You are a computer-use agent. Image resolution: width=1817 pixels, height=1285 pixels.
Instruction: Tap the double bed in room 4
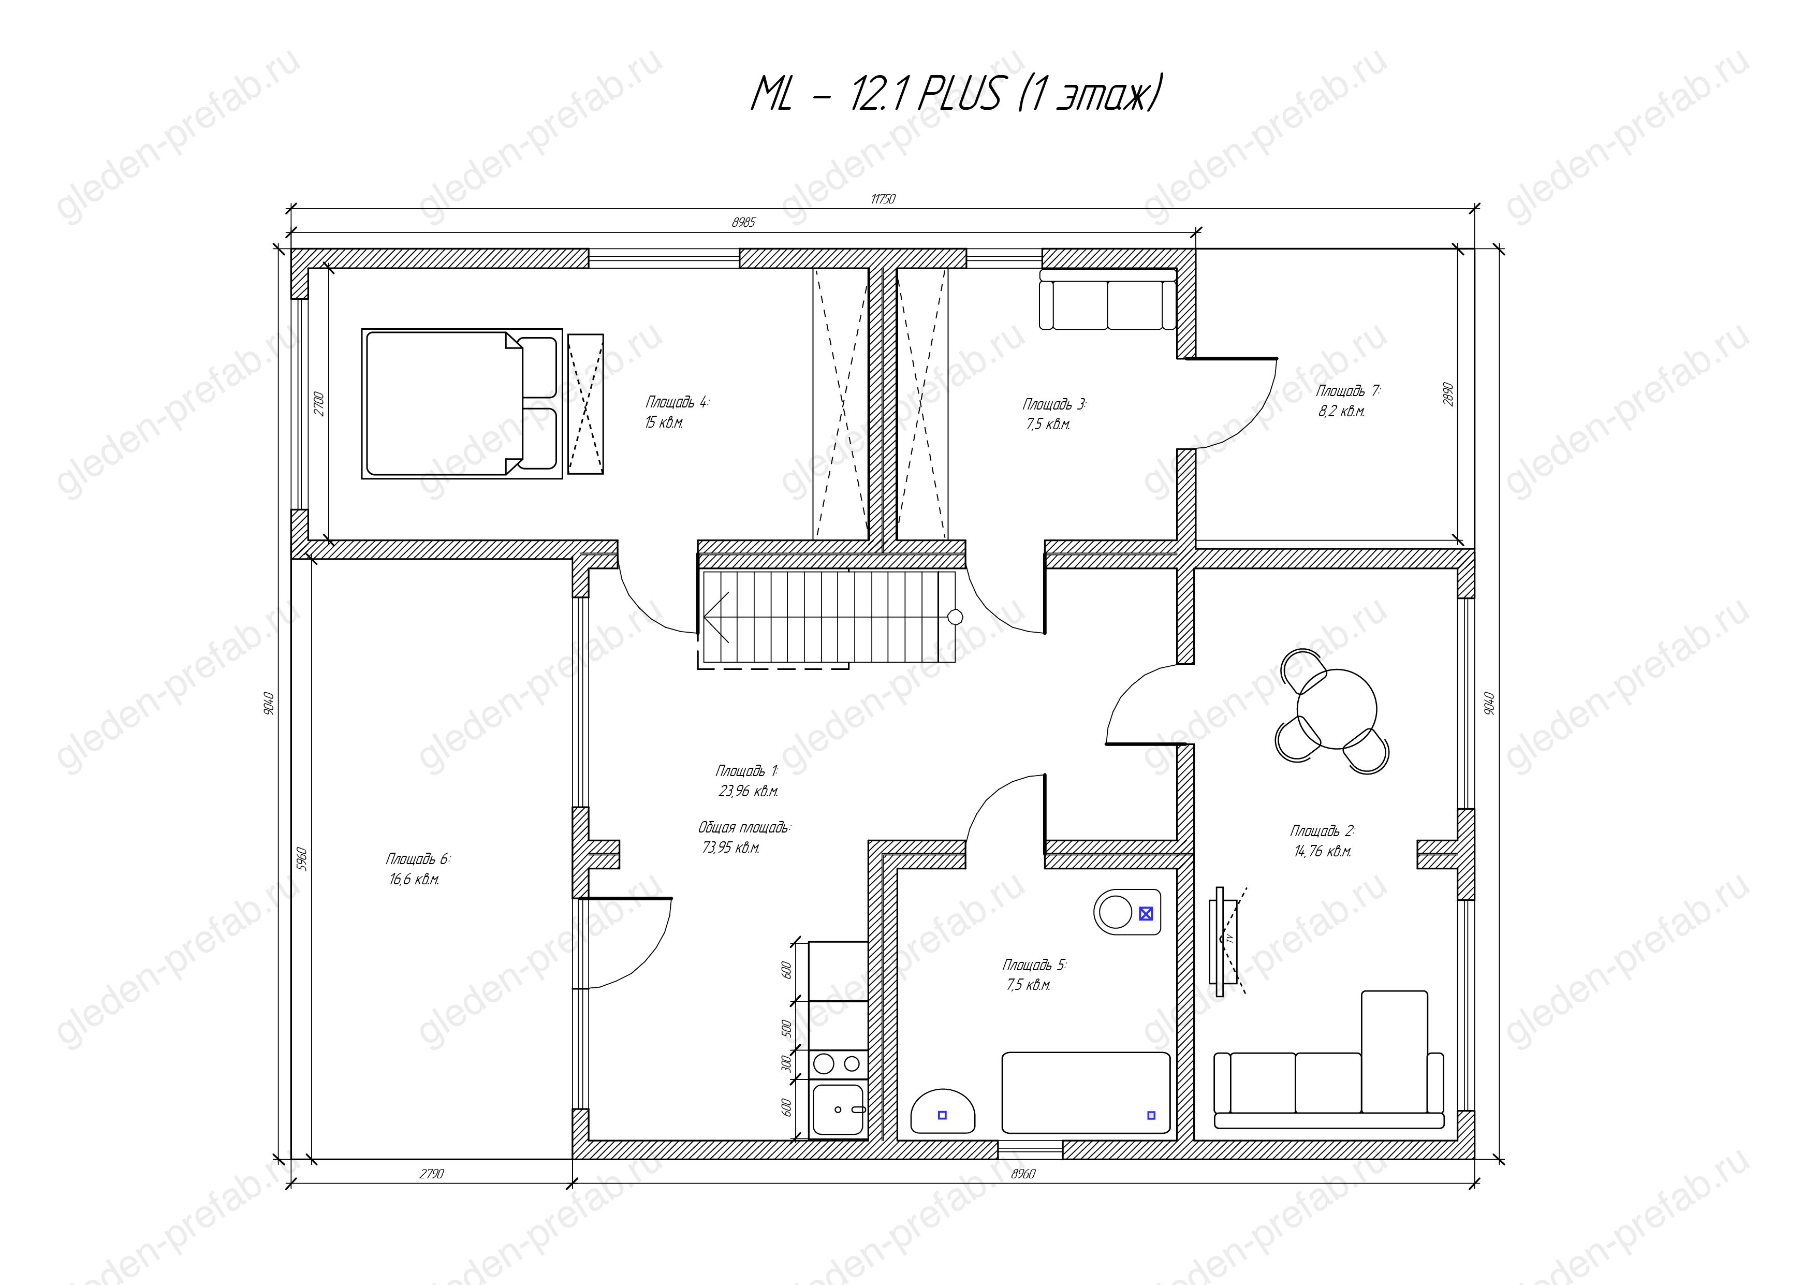(462, 403)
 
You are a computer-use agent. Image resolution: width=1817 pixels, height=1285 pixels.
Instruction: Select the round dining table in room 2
(1337, 709)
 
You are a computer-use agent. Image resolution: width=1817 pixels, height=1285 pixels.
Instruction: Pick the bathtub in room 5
(1086, 1093)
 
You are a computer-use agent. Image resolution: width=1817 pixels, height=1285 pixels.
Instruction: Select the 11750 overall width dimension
(883, 199)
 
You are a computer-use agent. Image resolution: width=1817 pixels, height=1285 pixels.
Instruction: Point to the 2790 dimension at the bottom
(431, 1174)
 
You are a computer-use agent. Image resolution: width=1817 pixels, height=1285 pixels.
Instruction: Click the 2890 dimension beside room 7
(1449, 394)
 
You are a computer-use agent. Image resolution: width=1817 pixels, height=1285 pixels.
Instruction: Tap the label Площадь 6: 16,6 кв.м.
(418, 869)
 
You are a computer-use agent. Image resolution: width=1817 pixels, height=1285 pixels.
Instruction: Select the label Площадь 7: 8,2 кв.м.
(1347, 400)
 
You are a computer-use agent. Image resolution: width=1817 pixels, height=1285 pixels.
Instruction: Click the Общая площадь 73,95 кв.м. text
(744, 837)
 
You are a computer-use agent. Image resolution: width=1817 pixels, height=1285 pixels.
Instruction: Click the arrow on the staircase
(716, 617)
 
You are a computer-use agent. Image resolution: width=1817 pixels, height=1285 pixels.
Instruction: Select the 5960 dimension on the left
(301, 858)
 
